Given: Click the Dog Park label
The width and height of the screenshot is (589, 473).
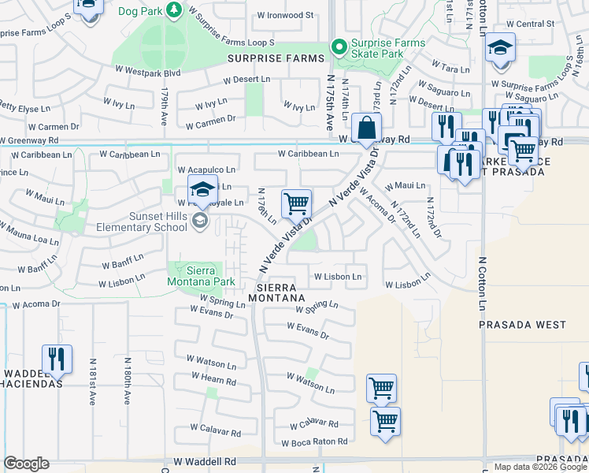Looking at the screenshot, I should point(139,12).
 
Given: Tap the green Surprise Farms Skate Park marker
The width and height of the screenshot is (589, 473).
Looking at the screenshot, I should point(339,48).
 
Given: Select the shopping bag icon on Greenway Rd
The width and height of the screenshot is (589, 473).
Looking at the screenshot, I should point(367,127).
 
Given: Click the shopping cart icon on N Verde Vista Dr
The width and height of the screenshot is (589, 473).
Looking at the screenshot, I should point(296,204).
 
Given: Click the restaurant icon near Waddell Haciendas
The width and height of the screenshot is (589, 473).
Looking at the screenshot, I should point(57,359).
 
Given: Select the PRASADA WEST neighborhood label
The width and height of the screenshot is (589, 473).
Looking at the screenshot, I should point(523,325).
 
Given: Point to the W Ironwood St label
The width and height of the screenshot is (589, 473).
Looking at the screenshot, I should point(285,15).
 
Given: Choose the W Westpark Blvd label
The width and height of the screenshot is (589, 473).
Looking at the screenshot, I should point(152,73).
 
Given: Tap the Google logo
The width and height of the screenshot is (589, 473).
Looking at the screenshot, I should point(26,464).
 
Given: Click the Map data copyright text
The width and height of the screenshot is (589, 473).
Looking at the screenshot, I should point(539,467).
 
